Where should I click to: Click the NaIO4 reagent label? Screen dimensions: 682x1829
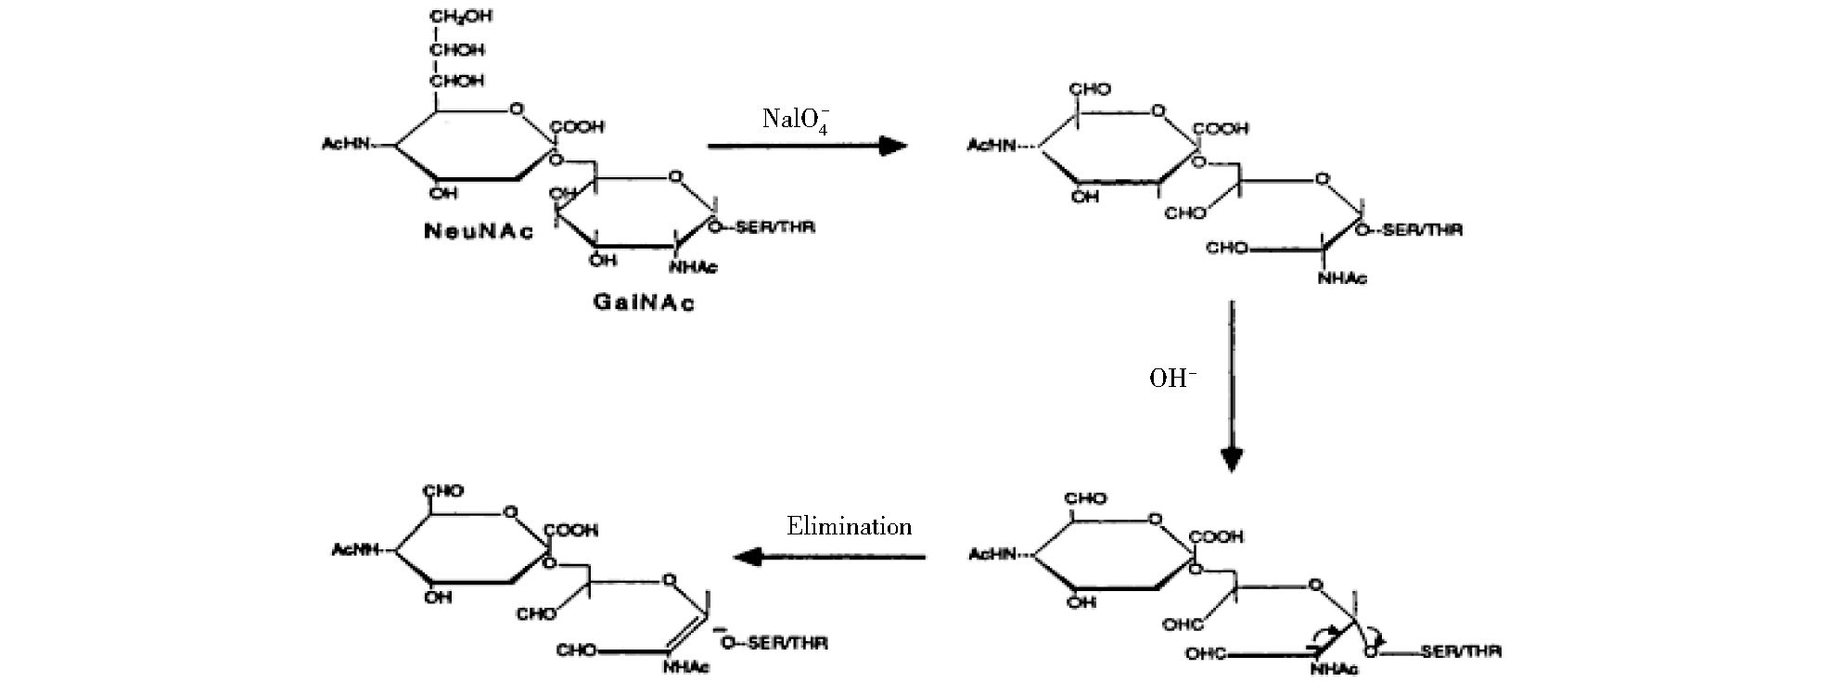click(795, 121)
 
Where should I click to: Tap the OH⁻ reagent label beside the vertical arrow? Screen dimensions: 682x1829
click(1172, 379)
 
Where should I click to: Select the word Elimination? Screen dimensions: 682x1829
click(849, 527)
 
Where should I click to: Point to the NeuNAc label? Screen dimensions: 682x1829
click(479, 231)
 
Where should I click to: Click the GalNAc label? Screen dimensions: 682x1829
click(644, 302)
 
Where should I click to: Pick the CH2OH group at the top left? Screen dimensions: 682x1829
click(460, 17)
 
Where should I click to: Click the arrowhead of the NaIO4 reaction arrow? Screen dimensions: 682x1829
click(892, 146)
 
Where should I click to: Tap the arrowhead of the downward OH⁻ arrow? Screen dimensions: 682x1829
click(1231, 459)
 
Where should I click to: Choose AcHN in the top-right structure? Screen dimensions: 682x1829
click(991, 146)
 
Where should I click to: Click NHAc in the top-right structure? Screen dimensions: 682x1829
click(1342, 277)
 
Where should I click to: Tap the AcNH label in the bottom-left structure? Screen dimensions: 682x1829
click(355, 550)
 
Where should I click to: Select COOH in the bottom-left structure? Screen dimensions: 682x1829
click(572, 530)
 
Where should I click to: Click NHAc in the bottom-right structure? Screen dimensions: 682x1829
click(1335, 669)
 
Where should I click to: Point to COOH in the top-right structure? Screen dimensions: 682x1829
click(1221, 129)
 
